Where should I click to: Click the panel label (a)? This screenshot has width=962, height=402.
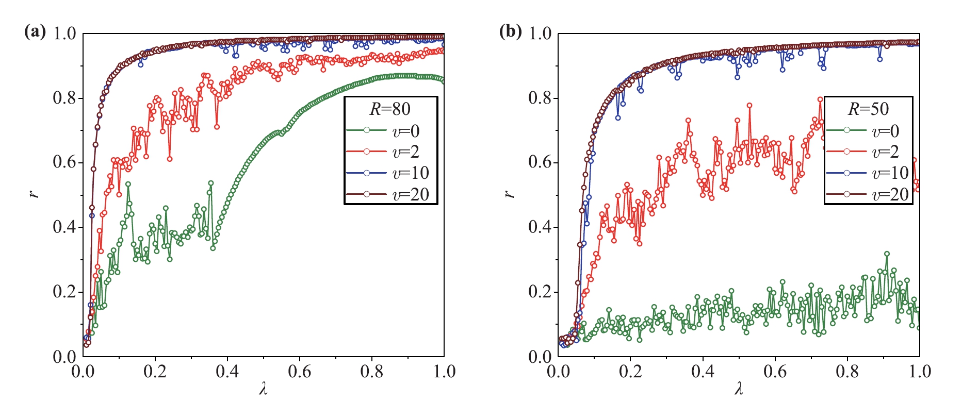(x=35, y=32)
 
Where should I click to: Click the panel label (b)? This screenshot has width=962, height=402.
(x=510, y=32)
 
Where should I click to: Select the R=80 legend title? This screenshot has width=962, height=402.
(x=390, y=109)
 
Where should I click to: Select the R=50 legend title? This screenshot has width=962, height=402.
(x=868, y=109)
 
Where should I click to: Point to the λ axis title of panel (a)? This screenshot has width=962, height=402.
(x=263, y=389)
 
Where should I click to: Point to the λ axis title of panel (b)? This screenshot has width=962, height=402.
(x=739, y=389)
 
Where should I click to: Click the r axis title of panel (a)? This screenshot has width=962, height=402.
(x=35, y=194)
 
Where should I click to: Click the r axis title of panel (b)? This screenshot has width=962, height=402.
(x=510, y=194)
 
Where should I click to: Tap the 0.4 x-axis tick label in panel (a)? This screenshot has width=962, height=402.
(x=227, y=372)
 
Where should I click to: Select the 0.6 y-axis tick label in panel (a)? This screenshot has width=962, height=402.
(x=64, y=163)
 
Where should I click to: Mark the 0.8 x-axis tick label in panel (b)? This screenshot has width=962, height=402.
(x=847, y=372)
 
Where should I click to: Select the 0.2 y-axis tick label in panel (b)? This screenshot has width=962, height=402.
(x=540, y=292)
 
